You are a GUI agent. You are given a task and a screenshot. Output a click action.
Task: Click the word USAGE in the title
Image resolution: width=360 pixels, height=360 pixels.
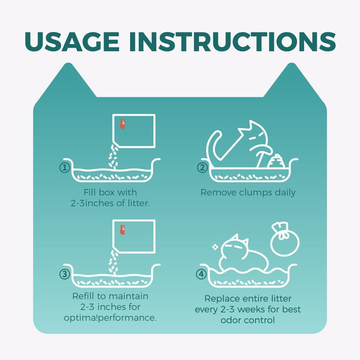[x=72, y=41]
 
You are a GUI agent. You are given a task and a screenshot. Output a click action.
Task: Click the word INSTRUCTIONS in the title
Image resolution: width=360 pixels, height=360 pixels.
[x=233, y=41]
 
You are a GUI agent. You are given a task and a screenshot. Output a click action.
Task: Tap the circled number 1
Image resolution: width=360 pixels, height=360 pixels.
[x=65, y=167]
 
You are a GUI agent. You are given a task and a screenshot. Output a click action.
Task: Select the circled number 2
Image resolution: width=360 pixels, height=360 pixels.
[x=202, y=167]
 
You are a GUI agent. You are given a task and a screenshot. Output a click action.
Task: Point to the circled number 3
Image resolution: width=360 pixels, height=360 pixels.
[x=65, y=274]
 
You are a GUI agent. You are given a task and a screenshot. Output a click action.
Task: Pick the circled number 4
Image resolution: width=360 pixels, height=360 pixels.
[x=201, y=274]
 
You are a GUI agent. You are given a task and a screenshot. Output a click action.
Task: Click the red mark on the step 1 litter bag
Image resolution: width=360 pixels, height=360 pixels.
[x=122, y=124]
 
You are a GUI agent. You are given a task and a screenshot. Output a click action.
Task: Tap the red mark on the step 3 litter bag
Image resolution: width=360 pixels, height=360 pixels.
[x=122, y=230]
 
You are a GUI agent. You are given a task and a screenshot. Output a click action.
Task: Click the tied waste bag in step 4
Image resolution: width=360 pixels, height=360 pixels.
[x=285, y=239]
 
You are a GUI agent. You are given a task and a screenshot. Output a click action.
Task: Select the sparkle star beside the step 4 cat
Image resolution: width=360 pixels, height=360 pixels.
[x=215, y=247]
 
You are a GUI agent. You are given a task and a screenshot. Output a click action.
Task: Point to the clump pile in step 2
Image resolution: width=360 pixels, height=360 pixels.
[x=276, y=161]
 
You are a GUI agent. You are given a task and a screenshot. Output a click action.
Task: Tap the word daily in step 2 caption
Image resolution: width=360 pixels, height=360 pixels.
[x=285, y=193]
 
